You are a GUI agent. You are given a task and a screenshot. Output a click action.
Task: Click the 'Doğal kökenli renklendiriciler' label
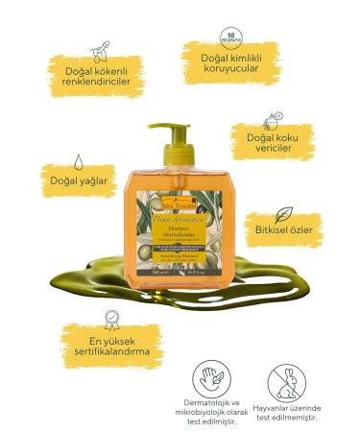point(84,76)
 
